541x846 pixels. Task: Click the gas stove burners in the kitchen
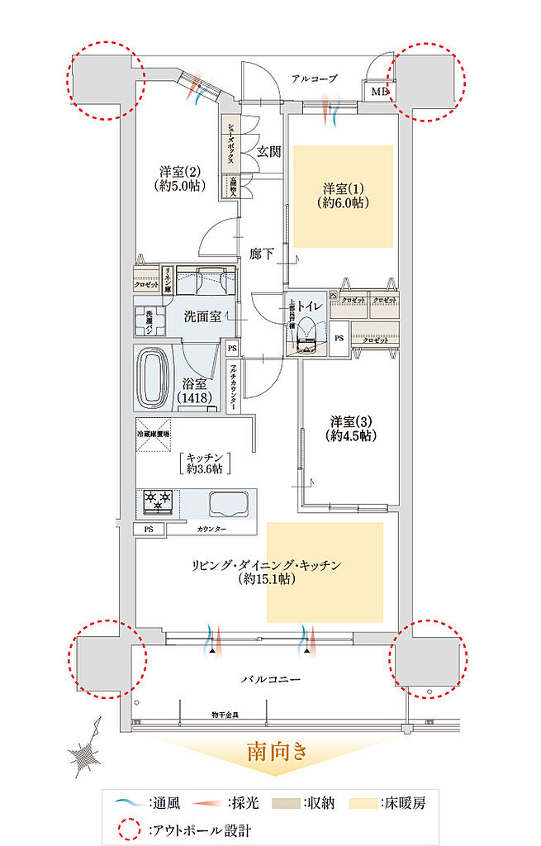158,500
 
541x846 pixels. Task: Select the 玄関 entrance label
268,151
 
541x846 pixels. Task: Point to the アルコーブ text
315,78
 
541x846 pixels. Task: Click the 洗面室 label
201,316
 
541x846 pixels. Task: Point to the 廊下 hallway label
262,254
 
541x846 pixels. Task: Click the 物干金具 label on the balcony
225,714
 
